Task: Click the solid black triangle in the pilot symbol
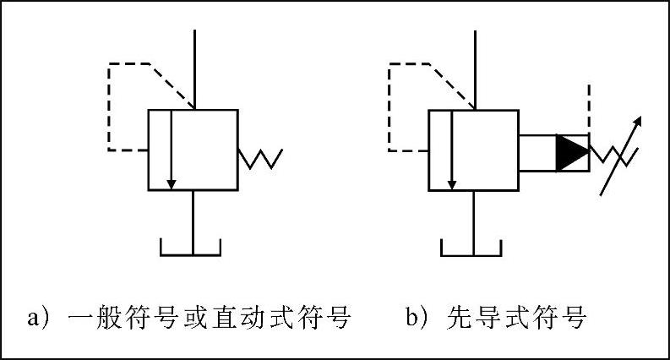pos(570,152)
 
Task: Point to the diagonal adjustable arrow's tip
pos(640,118)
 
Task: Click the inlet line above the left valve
pos(195,68)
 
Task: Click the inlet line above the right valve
pos(477,68)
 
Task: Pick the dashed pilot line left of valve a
pos(110,106)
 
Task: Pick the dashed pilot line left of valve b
pos(389,106)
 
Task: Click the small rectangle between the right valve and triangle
pos(537,152)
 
